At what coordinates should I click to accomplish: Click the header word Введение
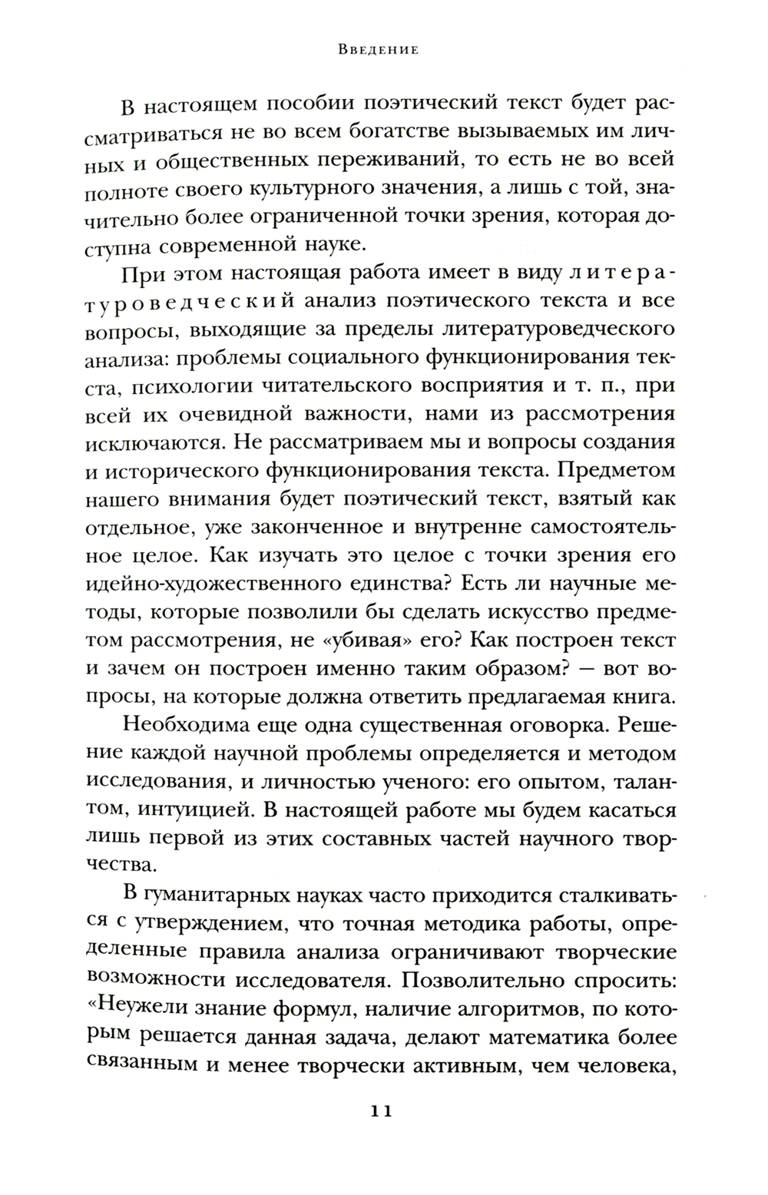(x=378, y=51)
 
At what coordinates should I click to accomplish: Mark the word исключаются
(x=157, y=446)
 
